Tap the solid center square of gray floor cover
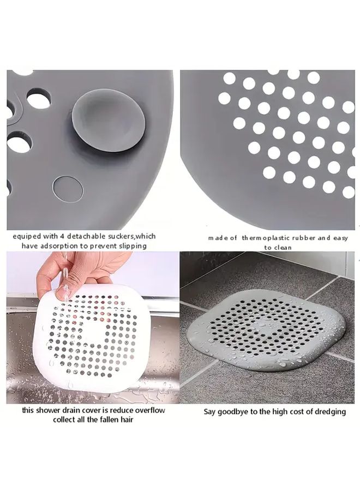coord(267,325)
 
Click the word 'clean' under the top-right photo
coord(283,247)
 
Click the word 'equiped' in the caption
coord(26,236)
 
